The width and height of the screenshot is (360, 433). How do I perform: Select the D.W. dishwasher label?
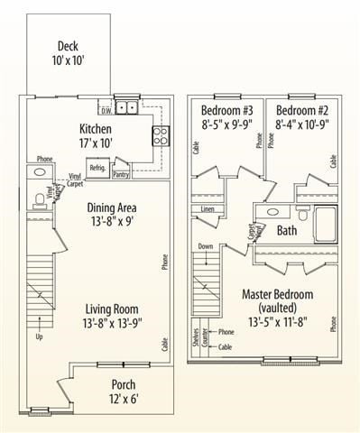[106, 111]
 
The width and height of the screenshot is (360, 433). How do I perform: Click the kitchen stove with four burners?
[162, 135]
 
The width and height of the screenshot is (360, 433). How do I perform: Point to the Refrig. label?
[97, 169]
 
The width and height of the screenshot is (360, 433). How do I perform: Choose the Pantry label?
[122, 174]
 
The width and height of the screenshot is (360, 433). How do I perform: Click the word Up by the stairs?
[38, 337]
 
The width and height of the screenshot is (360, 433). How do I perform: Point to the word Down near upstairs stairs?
[206, 245]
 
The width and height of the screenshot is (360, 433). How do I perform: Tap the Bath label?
[286, 231]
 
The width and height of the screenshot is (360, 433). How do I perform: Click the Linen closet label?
[207, 210]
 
